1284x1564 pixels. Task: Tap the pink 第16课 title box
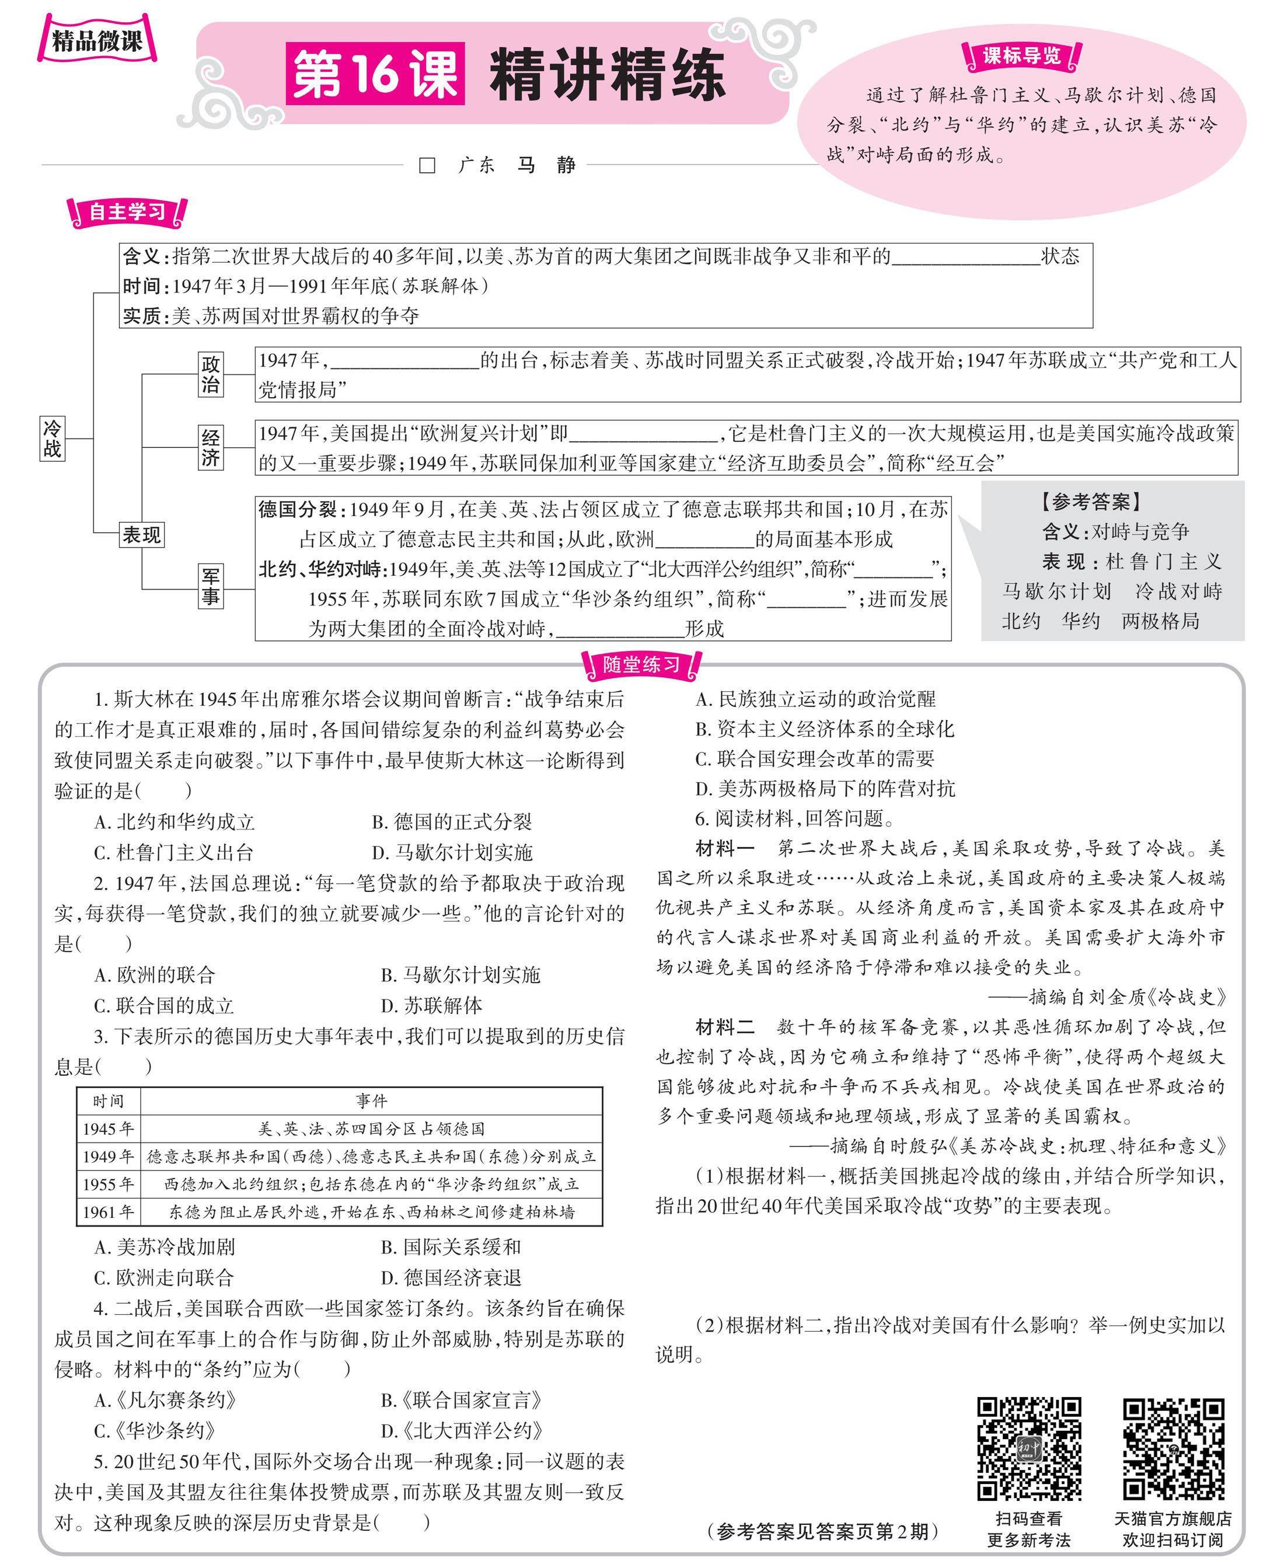[375, 74]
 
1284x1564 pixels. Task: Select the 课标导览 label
[1021, 56]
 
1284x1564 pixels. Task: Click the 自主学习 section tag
[127, 213]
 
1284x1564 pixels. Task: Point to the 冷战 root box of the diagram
[53, 438]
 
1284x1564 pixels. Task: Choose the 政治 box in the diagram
[211, 374]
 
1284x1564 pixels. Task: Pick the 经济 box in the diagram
[211, 447]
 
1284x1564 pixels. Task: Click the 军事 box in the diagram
[211, 586]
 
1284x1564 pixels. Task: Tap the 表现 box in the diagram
[141, 534]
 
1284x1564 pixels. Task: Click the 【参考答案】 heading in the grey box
[1091, 502]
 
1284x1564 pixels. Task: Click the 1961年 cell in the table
[109, 1212]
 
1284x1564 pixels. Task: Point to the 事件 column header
[371, 1101]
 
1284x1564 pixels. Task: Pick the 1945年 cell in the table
[109, 1129]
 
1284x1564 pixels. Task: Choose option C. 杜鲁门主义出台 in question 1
[174, 852]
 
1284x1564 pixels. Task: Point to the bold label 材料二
[725, 1027]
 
